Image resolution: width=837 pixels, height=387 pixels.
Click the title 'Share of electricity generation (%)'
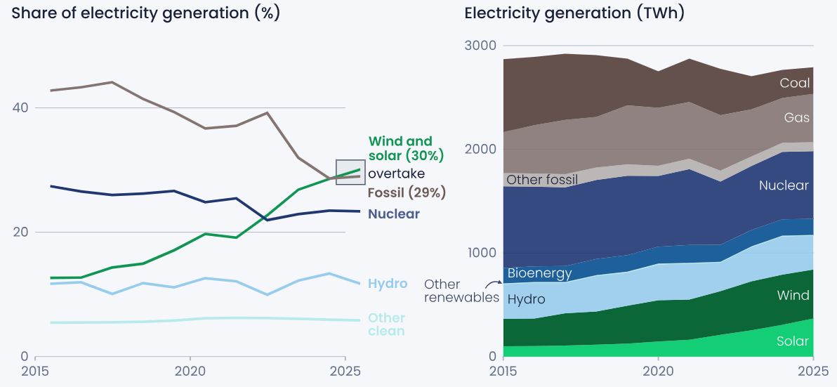(145, 13)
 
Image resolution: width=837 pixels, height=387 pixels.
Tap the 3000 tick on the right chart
(480, 46)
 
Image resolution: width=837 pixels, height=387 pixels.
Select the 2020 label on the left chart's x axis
(190, 371)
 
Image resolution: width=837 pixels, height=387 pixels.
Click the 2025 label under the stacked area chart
(813, 371)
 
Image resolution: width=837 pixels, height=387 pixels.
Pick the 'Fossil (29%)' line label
(407, 192)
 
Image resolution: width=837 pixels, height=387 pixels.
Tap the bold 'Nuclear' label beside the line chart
(394, 214)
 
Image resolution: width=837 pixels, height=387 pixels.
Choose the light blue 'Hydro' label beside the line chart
(388, 284)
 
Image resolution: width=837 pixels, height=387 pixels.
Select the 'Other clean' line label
(387, 324)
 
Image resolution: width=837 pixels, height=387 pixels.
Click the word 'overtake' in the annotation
(396, 173)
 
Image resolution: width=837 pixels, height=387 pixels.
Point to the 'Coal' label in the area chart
(794, 84)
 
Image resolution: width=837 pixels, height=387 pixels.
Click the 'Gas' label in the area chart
(797, 118)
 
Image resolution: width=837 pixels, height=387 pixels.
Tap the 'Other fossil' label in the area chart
(542, 180)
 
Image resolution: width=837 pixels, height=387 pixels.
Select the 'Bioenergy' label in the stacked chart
(539, 273)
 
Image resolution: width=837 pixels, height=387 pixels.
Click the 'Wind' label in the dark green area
(793, 296)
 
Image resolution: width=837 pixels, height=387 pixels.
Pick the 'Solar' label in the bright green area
(792, 341)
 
